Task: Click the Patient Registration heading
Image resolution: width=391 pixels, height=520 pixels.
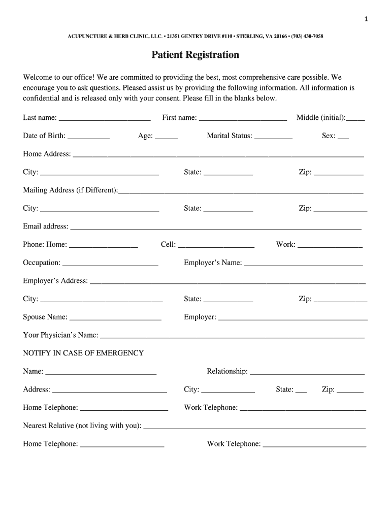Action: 195,55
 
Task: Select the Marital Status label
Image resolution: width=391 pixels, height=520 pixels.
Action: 230,136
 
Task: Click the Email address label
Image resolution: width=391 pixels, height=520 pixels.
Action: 45,226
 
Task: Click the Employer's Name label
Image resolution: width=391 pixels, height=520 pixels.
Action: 213,263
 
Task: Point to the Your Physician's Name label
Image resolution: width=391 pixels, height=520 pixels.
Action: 60,335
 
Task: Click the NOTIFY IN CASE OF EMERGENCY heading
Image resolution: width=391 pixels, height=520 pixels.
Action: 83,353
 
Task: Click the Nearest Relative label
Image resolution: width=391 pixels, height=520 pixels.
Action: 82,426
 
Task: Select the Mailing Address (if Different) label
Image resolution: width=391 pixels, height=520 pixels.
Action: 70,190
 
